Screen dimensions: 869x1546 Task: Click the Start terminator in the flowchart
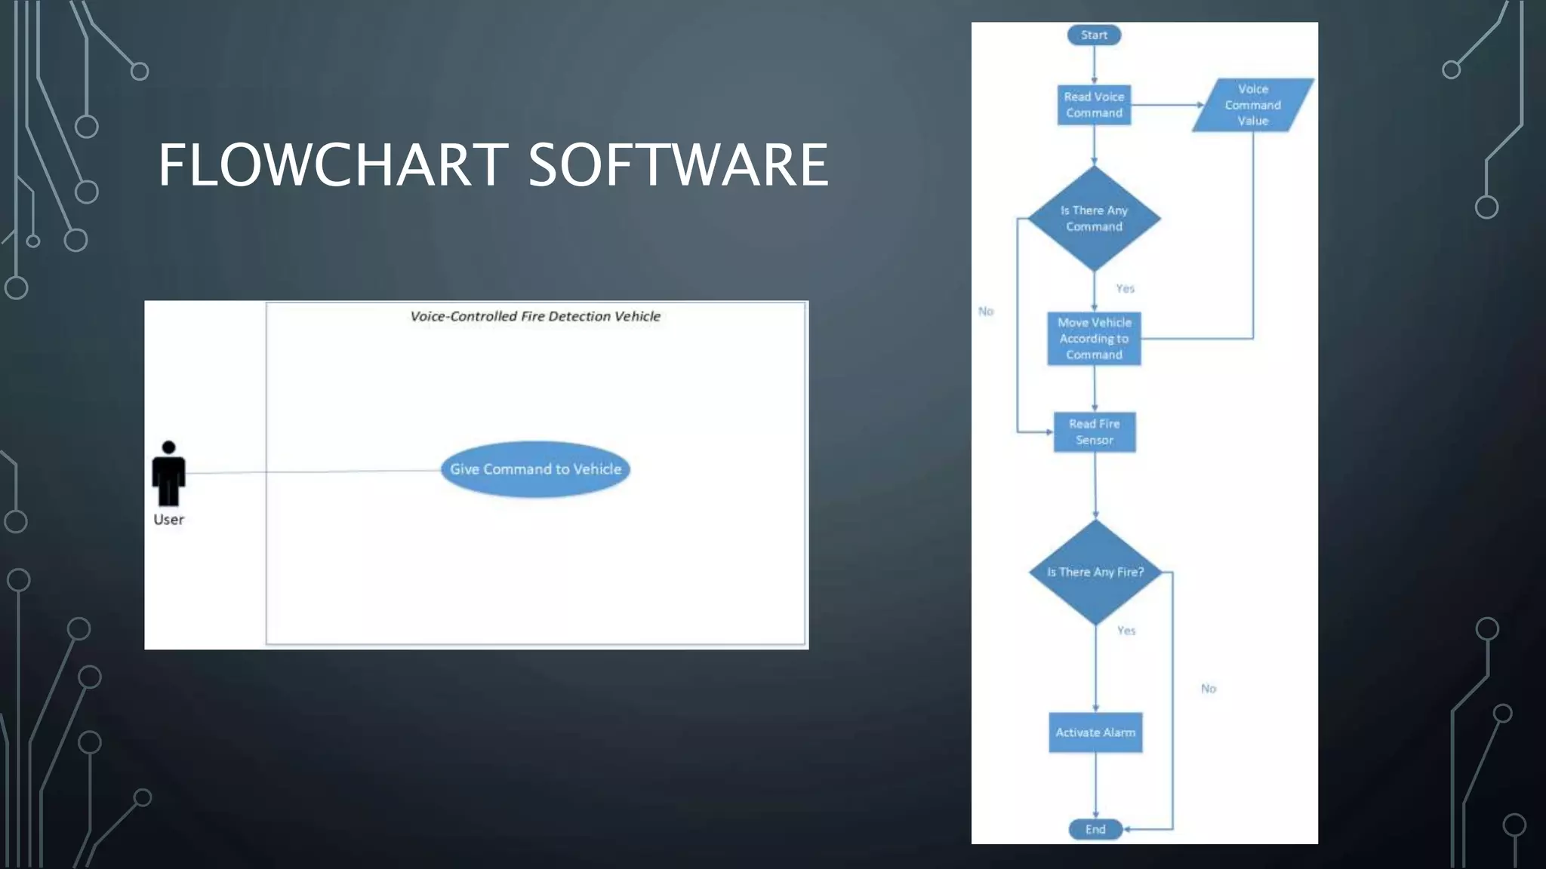tap(1094, 35)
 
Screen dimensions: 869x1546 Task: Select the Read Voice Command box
tap(1094, 105)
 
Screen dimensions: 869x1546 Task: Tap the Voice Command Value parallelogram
tap(1253, 105)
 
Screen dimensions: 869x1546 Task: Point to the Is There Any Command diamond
tap(1094, 219)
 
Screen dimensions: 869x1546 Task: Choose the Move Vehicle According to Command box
tap(1094, 339)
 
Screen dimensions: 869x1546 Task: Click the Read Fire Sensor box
tap(1095, 432)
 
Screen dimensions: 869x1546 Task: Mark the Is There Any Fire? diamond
tap(1095, 572)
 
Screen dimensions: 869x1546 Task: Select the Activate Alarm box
tap(1095, 732)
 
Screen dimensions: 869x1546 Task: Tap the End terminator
tap(1095, 829)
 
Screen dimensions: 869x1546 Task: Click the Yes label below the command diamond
tap(1125, 288)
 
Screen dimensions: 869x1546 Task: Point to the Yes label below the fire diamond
tap(1126, 631)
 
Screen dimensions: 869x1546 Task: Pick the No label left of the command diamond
tap(986, 311)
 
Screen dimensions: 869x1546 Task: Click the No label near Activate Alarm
tap(1209, 688)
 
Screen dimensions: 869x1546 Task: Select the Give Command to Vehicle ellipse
tap(535, 469)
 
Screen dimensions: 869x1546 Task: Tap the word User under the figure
tap(168, 520)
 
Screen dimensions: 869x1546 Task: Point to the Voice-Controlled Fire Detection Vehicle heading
tap(535, 316)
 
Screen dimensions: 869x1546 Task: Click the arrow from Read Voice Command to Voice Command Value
tap(1166, 105)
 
